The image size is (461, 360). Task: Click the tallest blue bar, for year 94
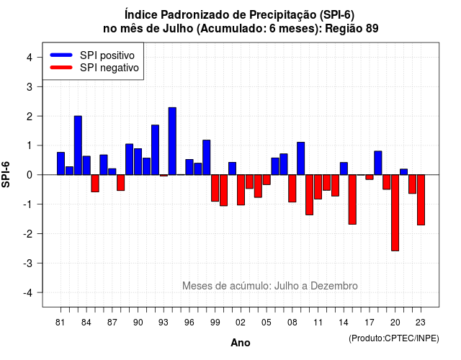pos(172,141)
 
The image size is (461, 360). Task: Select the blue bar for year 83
pos(78,145)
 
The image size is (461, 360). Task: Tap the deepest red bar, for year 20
pos(395,213)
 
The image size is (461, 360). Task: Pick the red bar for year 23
pos(421,200)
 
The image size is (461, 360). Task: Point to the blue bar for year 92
pos(156,150)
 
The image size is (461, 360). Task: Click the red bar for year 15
pos(352,199)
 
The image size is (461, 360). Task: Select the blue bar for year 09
pos(301,158)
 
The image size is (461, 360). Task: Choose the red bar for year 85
pos(95,184)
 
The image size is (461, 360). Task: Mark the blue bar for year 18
pos(378,163)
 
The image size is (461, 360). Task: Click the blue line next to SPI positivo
pos(61,55)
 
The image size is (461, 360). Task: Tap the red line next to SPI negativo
pos(61,68)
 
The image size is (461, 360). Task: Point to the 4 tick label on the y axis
pos(30,58)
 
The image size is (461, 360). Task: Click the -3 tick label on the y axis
pos(28,264)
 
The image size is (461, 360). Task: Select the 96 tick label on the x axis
pos(189,323)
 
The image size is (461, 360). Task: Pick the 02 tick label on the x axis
pos(241,323)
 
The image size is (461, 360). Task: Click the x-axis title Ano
pos(241,343)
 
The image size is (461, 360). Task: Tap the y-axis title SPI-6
pos(6,174)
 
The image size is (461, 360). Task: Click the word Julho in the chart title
pos(177,29)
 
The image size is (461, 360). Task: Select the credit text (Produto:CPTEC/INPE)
pos(394,338)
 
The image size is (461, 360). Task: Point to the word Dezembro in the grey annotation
pos(334,286)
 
